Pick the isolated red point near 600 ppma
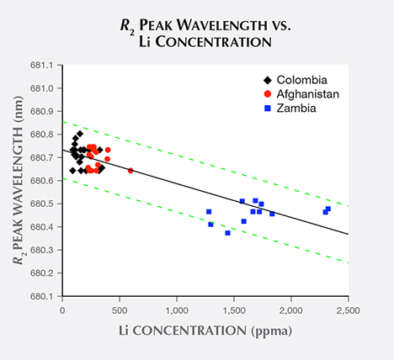[x=130, y=171]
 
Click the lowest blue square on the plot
[x=227, y=233]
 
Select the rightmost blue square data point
[x=328, y=209]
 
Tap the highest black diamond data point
[x=80, y=134]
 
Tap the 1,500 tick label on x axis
[x=233, y=310]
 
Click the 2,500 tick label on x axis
[x=347, y=310]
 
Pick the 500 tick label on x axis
[x=120, y=310]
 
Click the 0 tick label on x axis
[x=63, y=310]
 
